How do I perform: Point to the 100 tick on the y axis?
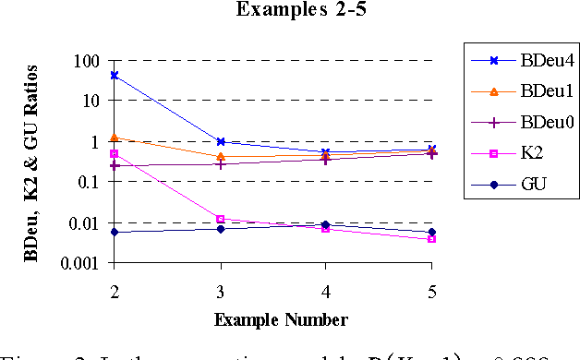coord(86,61)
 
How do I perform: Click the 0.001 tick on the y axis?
coord(78,264)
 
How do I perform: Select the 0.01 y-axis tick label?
coord(81,223)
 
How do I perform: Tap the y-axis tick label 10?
coord(90,102)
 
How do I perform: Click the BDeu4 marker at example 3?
coord(220,142)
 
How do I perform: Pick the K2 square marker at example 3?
coord(220,219)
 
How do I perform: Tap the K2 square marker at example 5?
coord(431,239)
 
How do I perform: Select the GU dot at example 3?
coord(220,229)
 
